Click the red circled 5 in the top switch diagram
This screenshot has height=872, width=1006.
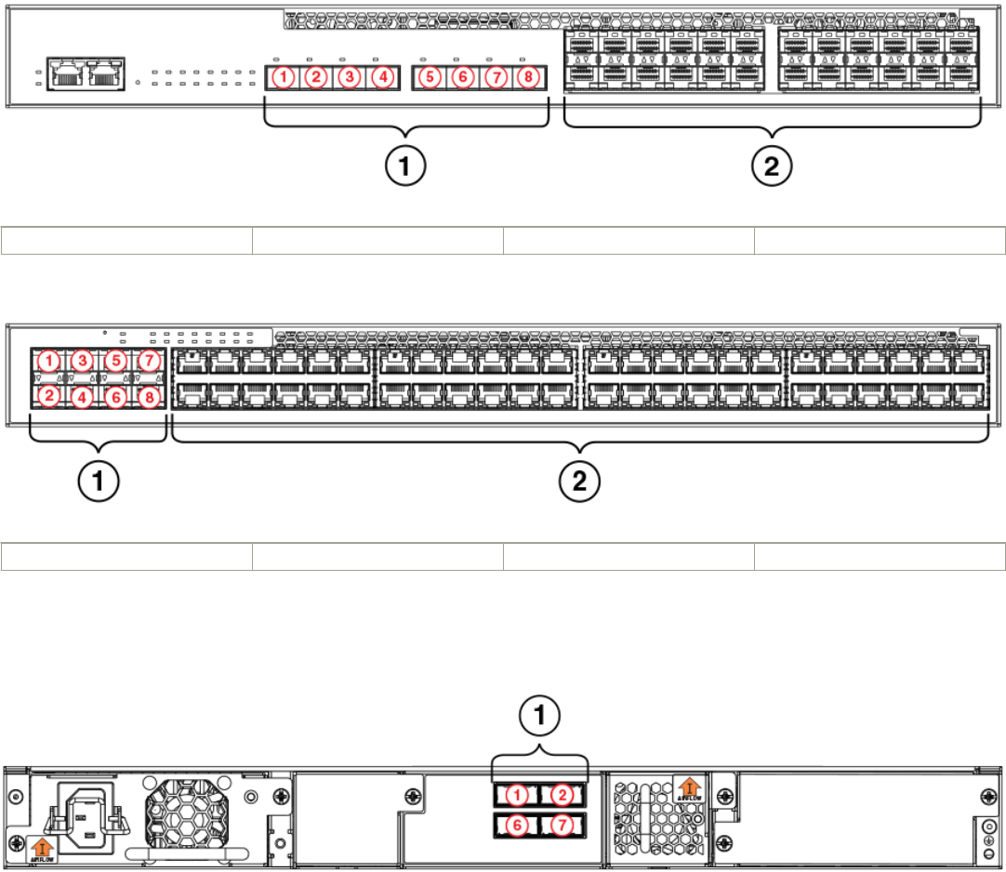click(x=429, y=77)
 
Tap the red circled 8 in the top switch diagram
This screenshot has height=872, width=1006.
click(x=528, y=77)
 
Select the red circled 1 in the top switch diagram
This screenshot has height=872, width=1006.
click(x=285, y=77)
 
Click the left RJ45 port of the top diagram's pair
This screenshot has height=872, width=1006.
click(x=66, y=75)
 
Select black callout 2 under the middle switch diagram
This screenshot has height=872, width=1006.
click(x=580, y=482)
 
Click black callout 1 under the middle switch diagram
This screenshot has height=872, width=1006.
click(x=99, y=482)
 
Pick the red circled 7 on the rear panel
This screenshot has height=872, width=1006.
click(x=561, y=825)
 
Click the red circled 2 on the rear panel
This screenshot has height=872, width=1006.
click(x=561, y=795)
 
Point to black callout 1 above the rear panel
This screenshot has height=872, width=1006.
click(x=539, y=716)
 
